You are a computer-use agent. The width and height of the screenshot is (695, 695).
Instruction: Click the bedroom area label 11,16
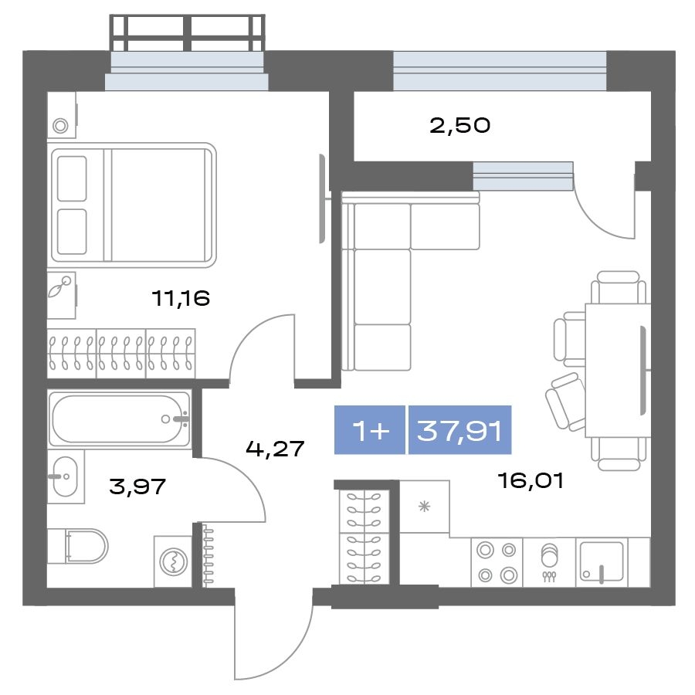pos(181,298)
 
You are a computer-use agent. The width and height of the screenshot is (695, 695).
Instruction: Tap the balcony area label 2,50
pos(460,125)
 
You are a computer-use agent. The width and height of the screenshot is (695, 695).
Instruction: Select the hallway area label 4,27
pos(275,449)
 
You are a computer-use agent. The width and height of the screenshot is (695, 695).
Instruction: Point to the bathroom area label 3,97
pos(137,486)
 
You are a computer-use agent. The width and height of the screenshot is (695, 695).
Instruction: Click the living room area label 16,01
pos(531,480)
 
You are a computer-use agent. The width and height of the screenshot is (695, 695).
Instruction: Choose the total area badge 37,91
pos(459,430)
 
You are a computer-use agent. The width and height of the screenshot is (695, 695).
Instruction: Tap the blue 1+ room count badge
pos(370,430)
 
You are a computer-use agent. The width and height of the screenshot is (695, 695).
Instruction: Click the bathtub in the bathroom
pos(119,419)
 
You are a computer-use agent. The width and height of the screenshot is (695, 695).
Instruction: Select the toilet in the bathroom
pos(78,546)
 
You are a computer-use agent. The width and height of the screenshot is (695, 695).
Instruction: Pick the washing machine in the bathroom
pos(173,561)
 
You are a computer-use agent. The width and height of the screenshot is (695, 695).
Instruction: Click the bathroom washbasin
pos(66,476)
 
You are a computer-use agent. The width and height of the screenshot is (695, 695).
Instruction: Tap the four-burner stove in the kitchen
pos(497,562)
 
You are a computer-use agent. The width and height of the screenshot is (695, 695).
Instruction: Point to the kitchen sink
pos(602,562)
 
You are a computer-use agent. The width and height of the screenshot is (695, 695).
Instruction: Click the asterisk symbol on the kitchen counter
pos(424,506)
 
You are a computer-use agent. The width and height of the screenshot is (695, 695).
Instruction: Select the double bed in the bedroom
pos(134,205)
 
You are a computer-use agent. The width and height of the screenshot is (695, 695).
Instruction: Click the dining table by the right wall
pos(618,370)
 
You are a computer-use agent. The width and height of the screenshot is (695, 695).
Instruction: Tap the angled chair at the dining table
pos(565,402)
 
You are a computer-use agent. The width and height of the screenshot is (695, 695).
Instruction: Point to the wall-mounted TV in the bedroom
pos(323,198)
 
